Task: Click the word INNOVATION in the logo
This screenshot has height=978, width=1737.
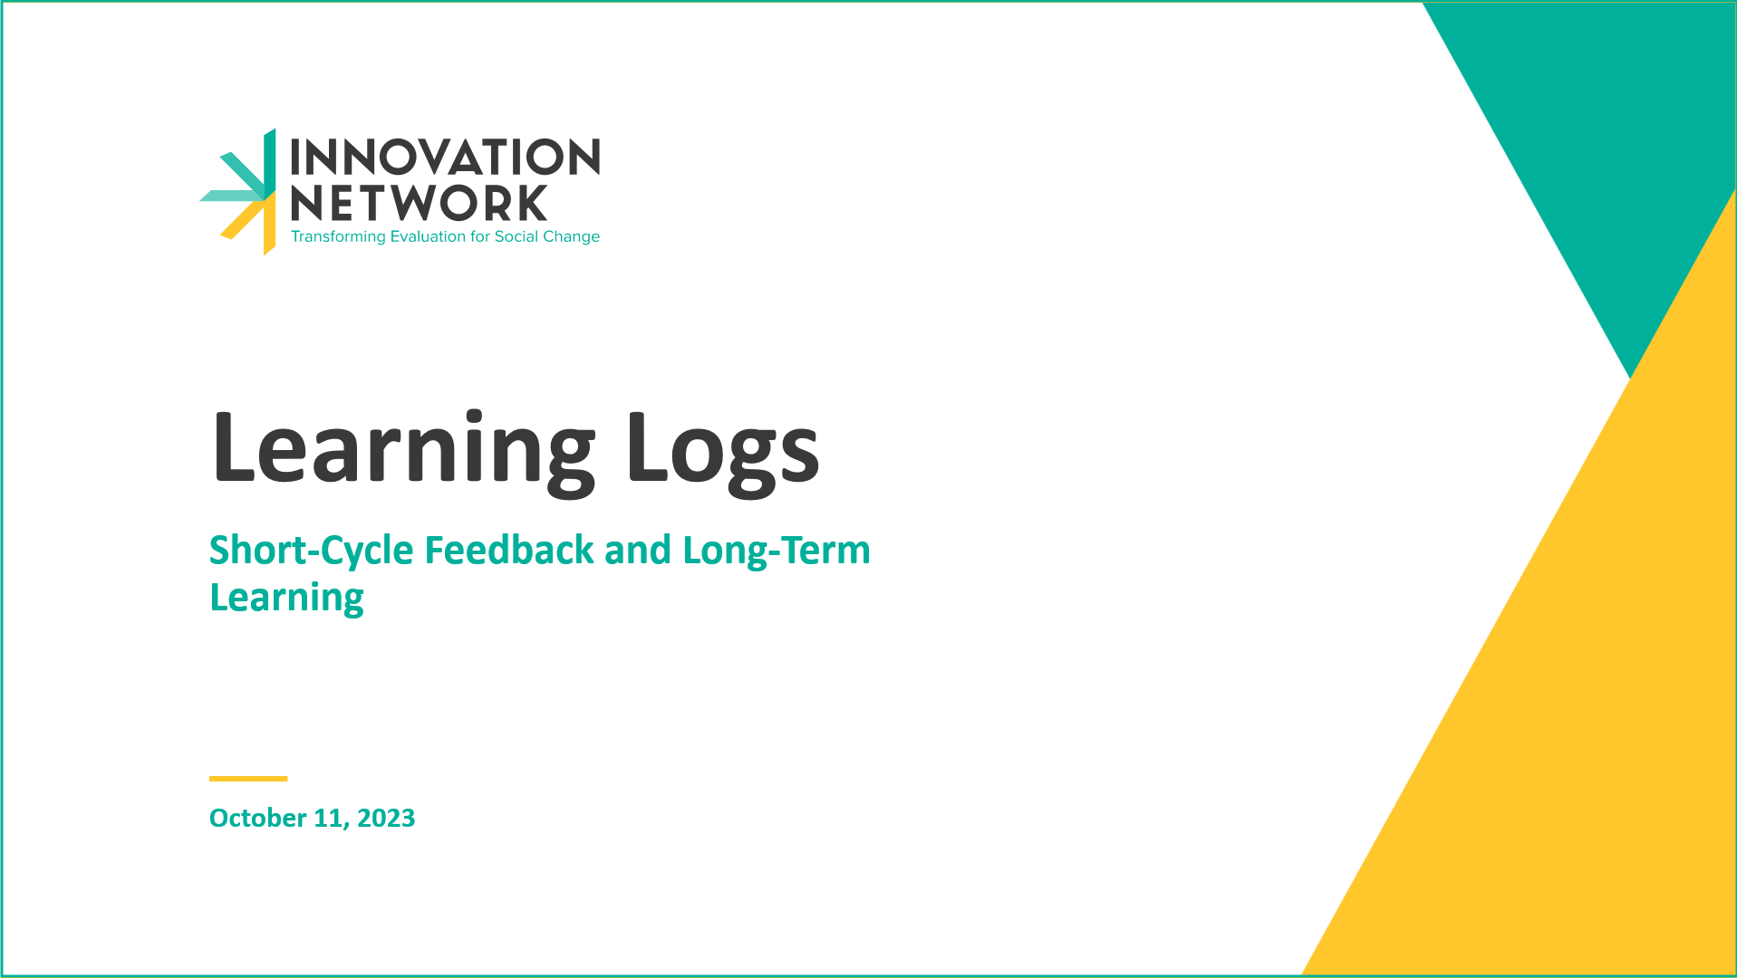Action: [445, 157]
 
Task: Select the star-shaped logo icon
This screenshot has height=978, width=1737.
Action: [238, 192]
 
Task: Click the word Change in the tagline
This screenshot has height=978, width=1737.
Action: [572, 237]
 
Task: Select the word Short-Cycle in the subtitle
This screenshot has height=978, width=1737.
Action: [312, 551]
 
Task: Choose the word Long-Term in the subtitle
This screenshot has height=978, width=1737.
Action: [777, 551]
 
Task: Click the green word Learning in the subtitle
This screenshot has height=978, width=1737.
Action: [286, 599]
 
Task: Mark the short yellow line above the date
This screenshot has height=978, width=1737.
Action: [248, 779]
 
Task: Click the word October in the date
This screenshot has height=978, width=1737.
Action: [258, 818]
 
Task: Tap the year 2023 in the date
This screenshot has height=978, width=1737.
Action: [386, 818]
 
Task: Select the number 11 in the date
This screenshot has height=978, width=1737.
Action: [329, 819]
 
